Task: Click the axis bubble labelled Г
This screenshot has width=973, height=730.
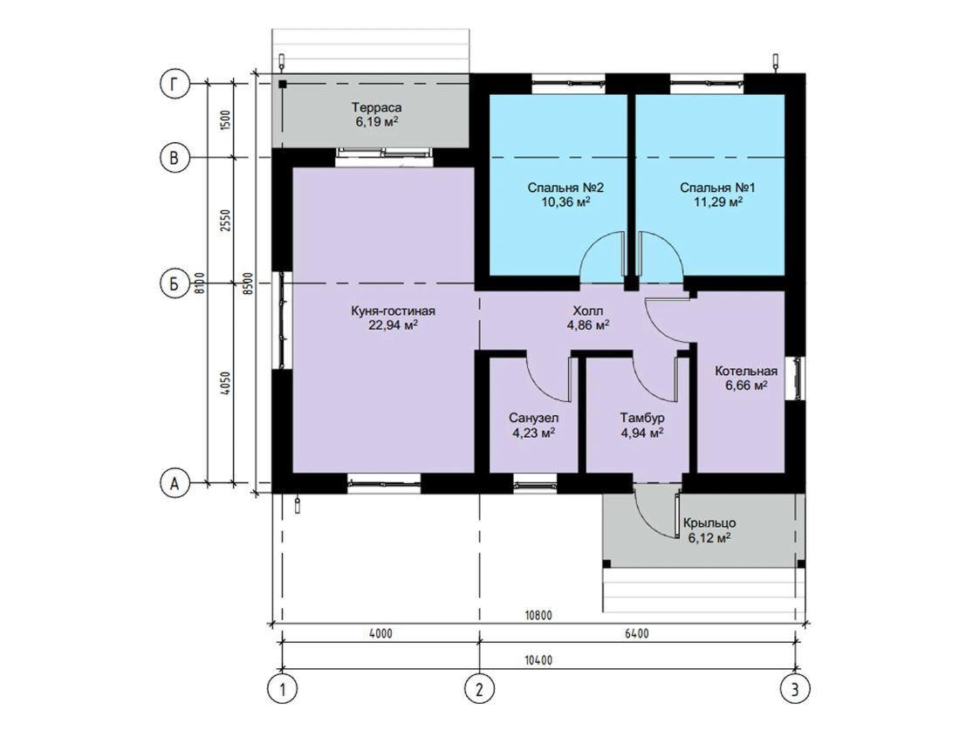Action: coord(174,85)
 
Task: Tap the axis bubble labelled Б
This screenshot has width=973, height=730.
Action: coord(174,284)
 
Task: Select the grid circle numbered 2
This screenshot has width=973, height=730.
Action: coord(479,688)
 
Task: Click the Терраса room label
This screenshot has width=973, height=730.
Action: coord(376,107)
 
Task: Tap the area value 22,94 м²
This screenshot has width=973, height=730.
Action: coord(393,325)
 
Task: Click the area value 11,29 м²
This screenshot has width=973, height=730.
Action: coord(718,201)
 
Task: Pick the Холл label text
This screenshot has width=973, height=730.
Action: coord(587,310)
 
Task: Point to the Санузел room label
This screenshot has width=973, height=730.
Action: coord(534,418)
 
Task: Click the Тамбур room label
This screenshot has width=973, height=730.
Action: coord(642,418)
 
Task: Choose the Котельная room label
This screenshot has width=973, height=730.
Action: coord(746,371)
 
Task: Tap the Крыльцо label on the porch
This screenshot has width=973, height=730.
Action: coord(709,523)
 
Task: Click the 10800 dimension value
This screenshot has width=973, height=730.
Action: coord(538,616)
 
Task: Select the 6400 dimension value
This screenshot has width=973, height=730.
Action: coord(637,633)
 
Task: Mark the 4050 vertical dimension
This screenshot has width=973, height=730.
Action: coord(225,384)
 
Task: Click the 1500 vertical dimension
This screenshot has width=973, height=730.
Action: coord(225,119)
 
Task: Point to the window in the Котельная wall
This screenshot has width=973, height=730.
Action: coord(795,378)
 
